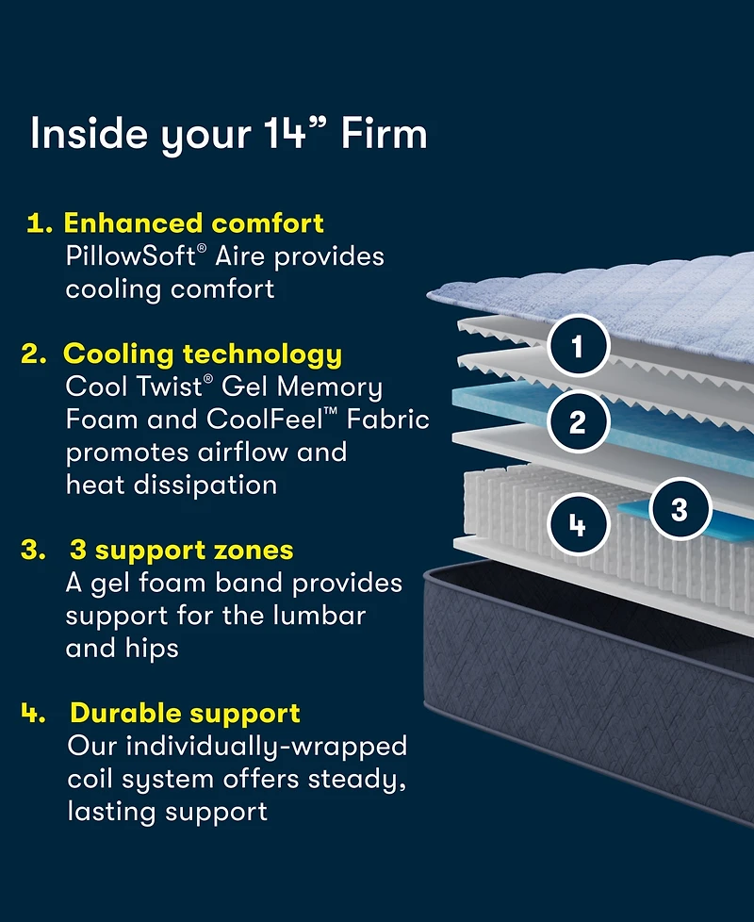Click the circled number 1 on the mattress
(x=578, y=348)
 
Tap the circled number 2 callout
(x=578, y=421)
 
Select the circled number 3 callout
(x=679, y=509)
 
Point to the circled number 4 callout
(x=578, y=524)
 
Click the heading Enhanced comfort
(x=193, y=223)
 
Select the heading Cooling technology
(x=203, y=354)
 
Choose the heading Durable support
(x=185, y=714)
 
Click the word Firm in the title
(x=384, y=134)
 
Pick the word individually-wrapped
(x=266, y=747)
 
